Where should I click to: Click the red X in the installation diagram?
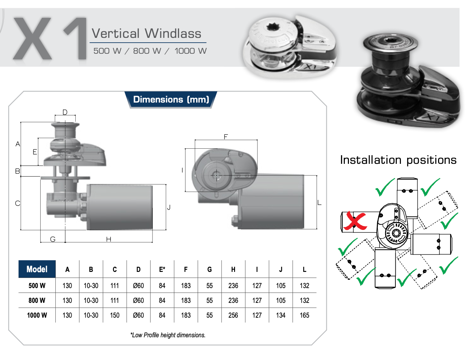tap(355, 221)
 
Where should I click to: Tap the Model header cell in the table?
tap(37, 269)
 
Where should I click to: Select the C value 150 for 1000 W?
tap(115, 315)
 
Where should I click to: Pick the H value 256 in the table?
tap(233, 315)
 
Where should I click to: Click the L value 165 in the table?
tap(304, 315)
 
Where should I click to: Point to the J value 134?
tap(280, 315)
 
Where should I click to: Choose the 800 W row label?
tap(37, 300)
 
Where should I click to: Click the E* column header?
tap(162, 269)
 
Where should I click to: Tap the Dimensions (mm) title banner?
tap(171, 99)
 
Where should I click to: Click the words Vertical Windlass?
tap(147, 33)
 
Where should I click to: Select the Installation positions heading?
tap(398, 160)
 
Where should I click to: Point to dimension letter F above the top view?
tap(226, 137)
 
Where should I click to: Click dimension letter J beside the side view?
tap(169, 207)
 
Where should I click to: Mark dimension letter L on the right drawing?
tap(319, 202)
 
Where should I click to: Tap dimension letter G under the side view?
tap(53, 239)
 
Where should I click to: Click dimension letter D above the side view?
tap(65, 112)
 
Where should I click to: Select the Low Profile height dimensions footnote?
tap(168, 335)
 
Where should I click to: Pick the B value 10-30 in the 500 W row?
tap(91, 286)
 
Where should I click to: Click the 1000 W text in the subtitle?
tap(190, 51)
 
